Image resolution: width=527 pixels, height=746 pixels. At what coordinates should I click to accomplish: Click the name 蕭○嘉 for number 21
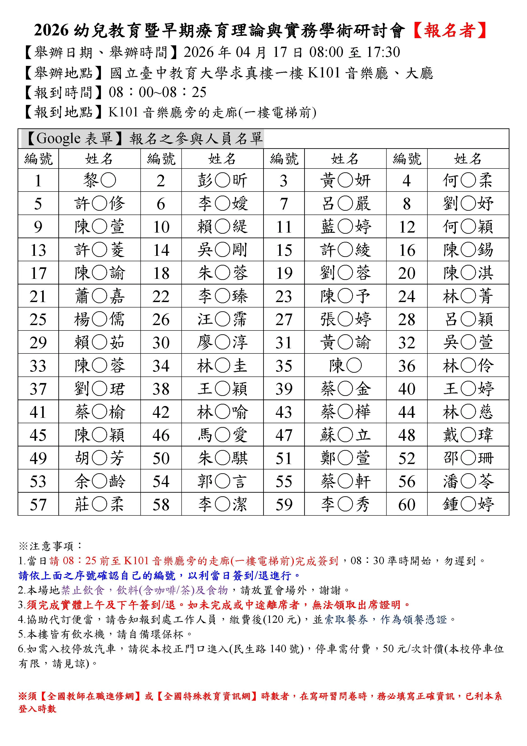click(99, 296)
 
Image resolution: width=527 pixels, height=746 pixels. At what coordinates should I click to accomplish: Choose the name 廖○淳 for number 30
click(222, 342)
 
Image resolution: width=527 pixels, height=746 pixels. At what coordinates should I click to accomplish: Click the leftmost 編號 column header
click(38, 159)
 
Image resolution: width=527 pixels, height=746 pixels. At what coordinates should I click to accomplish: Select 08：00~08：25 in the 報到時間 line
click(157, 92)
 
